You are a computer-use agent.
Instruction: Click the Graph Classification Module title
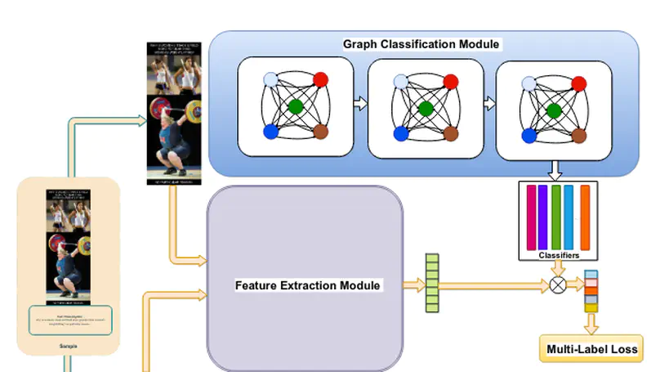coord(422,43)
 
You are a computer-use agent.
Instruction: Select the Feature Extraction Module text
coord(307,285)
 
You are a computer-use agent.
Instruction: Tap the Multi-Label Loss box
coord(591,349)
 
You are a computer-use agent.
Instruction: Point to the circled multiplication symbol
coord(559,285)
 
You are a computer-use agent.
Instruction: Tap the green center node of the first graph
coord(296,106)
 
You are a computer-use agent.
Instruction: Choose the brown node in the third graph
coord(577,133)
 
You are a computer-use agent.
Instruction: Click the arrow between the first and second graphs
coord(360,105)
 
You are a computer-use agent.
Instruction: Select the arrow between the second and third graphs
coord(489,105)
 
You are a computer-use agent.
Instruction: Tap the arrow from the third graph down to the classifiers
coord(556,170)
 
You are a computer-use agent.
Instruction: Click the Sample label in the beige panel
coord(69,347)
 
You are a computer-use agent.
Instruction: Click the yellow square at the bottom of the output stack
coord(591,307)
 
